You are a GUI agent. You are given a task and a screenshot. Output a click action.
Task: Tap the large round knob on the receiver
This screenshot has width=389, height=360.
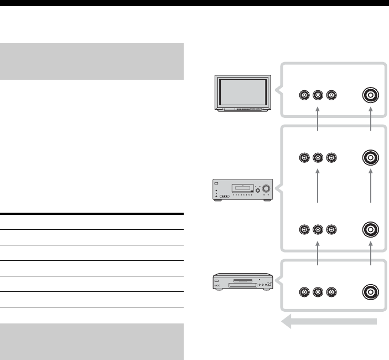click(x=266, y=188)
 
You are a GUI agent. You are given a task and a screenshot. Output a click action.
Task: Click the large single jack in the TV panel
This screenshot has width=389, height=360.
click(x=370, y=96)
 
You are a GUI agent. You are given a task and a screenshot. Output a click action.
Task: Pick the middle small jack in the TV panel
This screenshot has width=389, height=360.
click(x=318, y=96)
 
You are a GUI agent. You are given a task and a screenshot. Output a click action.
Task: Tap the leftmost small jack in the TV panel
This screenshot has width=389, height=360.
click(x=304, y=96)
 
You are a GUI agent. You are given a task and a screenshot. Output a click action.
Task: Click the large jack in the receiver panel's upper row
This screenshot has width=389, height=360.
click(x=370, y=158)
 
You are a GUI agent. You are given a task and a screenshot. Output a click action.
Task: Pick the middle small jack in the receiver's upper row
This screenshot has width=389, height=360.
click(x=318, y=158)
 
